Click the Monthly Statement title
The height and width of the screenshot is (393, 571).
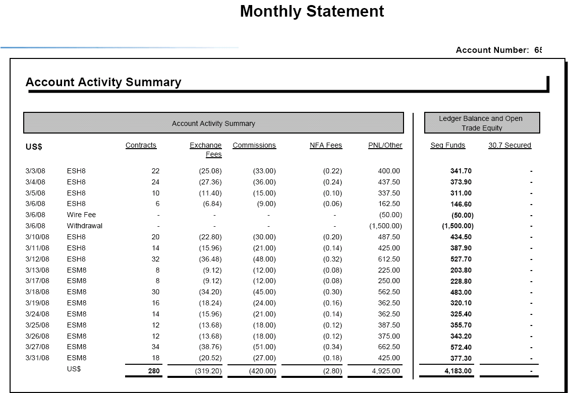(x=312, y=11)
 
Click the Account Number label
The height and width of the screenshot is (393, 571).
(x=492, y=50)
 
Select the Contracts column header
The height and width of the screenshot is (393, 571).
(x=141, y=145)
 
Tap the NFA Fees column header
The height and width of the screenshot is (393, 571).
(x=326, y=145)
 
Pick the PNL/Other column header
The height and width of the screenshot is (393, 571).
(x=385, y=145)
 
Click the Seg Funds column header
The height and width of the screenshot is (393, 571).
(x=448, y=145)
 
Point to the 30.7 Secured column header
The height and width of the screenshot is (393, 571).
(x=510, y=145)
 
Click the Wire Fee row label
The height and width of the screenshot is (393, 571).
(x=81, y=215)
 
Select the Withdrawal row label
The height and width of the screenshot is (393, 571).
(x=84, y=226)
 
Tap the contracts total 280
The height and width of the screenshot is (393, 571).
(x=154, y=371)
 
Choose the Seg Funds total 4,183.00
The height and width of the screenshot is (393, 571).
(x=458, y=371)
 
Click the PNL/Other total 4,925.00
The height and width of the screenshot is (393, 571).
(x=386, y=371)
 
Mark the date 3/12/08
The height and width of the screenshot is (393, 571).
(x=37, y=259)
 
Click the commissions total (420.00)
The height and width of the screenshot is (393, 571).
(x=263, y=371)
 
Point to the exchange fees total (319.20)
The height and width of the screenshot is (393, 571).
(x=208, y=371)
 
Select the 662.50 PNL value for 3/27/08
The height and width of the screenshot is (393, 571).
(x=389, y=347)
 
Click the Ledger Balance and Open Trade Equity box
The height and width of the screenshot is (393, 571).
(x=482, y=123)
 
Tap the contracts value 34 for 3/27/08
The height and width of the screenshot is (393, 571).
(x=155, y=347)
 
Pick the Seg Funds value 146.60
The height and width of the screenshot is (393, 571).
(x=461, y=204)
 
